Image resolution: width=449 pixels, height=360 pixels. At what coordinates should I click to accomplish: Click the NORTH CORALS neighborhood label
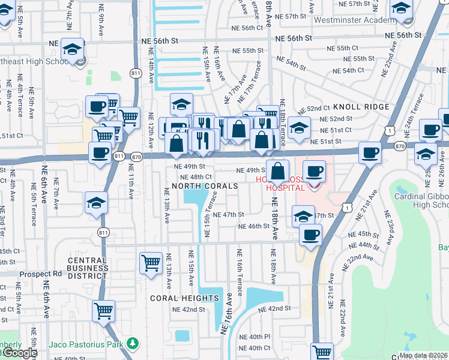click(205, 187)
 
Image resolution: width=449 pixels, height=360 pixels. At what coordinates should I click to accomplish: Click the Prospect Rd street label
click(40, 274)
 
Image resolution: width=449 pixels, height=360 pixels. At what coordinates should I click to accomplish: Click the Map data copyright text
click(423, 355)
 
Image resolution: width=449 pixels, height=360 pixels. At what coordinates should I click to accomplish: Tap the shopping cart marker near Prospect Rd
click(151, 263)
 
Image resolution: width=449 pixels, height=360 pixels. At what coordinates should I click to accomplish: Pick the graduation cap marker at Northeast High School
click(73, 49)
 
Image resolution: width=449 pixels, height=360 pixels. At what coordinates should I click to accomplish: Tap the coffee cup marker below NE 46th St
click(310, 235)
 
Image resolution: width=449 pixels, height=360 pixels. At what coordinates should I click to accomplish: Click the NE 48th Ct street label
click(200, 177)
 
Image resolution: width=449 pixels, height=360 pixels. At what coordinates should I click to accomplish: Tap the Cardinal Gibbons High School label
click(422, 200)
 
